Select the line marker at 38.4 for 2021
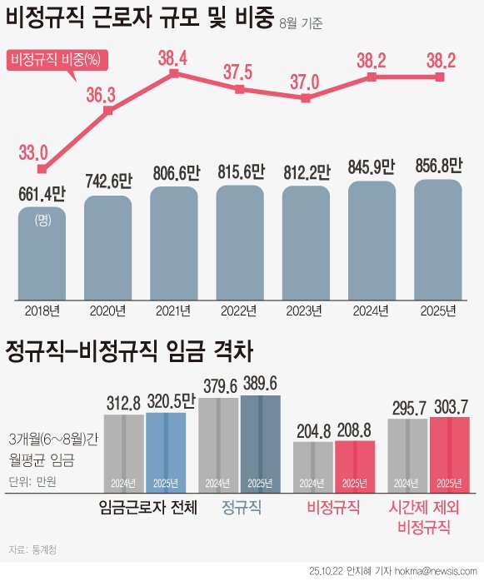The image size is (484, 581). click(x=173, y=73)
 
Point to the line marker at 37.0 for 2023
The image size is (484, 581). click(x=306, y=98)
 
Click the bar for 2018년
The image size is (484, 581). click(x=42, y=254)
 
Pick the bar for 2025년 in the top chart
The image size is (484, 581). click(x=437, y=241)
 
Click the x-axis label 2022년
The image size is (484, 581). click(x=240, y=311)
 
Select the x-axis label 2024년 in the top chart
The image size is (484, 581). click(x=372, y=311)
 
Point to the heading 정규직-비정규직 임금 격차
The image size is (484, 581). click(x=128, y=350)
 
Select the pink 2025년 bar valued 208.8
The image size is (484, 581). click(x=355, y=466)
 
